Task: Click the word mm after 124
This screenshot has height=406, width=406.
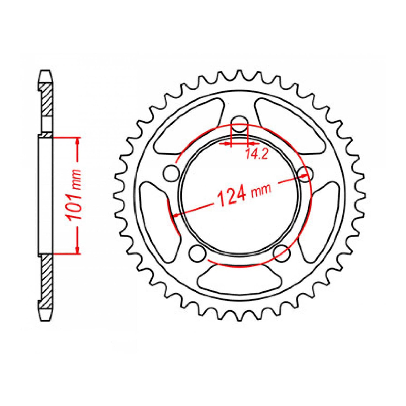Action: [x=261, y=190]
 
